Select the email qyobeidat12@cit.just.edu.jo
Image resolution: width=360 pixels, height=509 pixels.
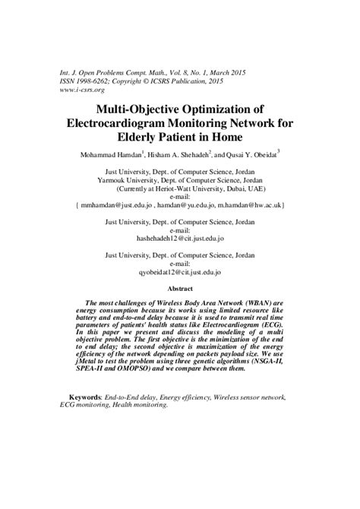pos(180,270)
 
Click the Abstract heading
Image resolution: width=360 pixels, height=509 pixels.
pos(180,289)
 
